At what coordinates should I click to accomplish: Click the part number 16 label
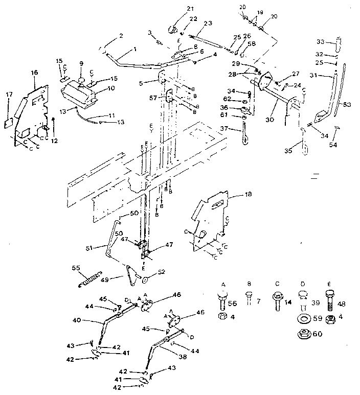pos(34,73)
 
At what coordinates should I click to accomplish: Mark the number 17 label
pos(9,94)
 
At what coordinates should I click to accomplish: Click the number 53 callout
pos(347,105)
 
